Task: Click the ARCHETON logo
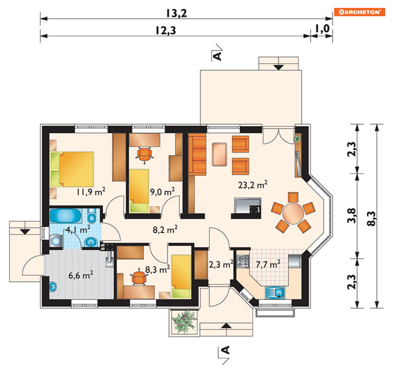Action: coord(359,12)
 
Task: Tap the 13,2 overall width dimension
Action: coord(177,13)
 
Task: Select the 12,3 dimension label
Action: coord(165,30)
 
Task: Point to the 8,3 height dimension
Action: coord(371,219)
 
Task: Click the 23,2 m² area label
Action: coord(253,185)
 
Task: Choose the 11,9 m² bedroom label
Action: coord(91,192)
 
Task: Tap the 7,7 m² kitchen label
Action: coord(268,264)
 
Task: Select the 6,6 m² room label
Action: coord(81,275)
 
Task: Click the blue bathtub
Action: coord(66,216)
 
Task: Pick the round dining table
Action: coord(293,213)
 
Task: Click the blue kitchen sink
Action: coord(275,292)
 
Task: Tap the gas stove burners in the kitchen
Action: coord(243,261)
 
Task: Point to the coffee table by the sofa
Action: coord(220,155)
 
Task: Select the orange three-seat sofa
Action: coord(197,155)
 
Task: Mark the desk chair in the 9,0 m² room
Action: coord(145,155)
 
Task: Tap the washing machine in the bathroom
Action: coord(56,241)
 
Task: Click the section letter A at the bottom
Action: coord(226,350)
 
